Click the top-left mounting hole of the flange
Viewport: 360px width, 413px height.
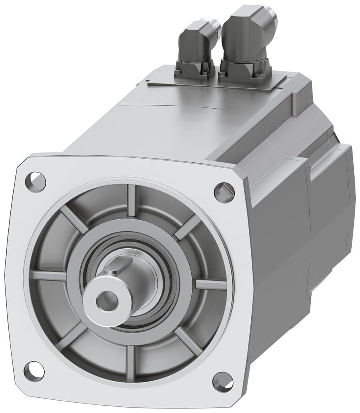click(x=35, y=182)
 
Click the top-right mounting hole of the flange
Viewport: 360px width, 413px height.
click(x=224, y=192)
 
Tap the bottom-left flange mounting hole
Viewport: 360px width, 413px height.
click(x=34, y=371)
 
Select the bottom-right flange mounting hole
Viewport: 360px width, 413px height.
click(x=223, y=382)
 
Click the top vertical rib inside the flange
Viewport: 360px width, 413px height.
click(x=132, y=200)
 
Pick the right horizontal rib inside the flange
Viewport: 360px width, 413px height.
click(x=210, y=285)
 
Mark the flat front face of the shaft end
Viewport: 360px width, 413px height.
click(x=99, y=306)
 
